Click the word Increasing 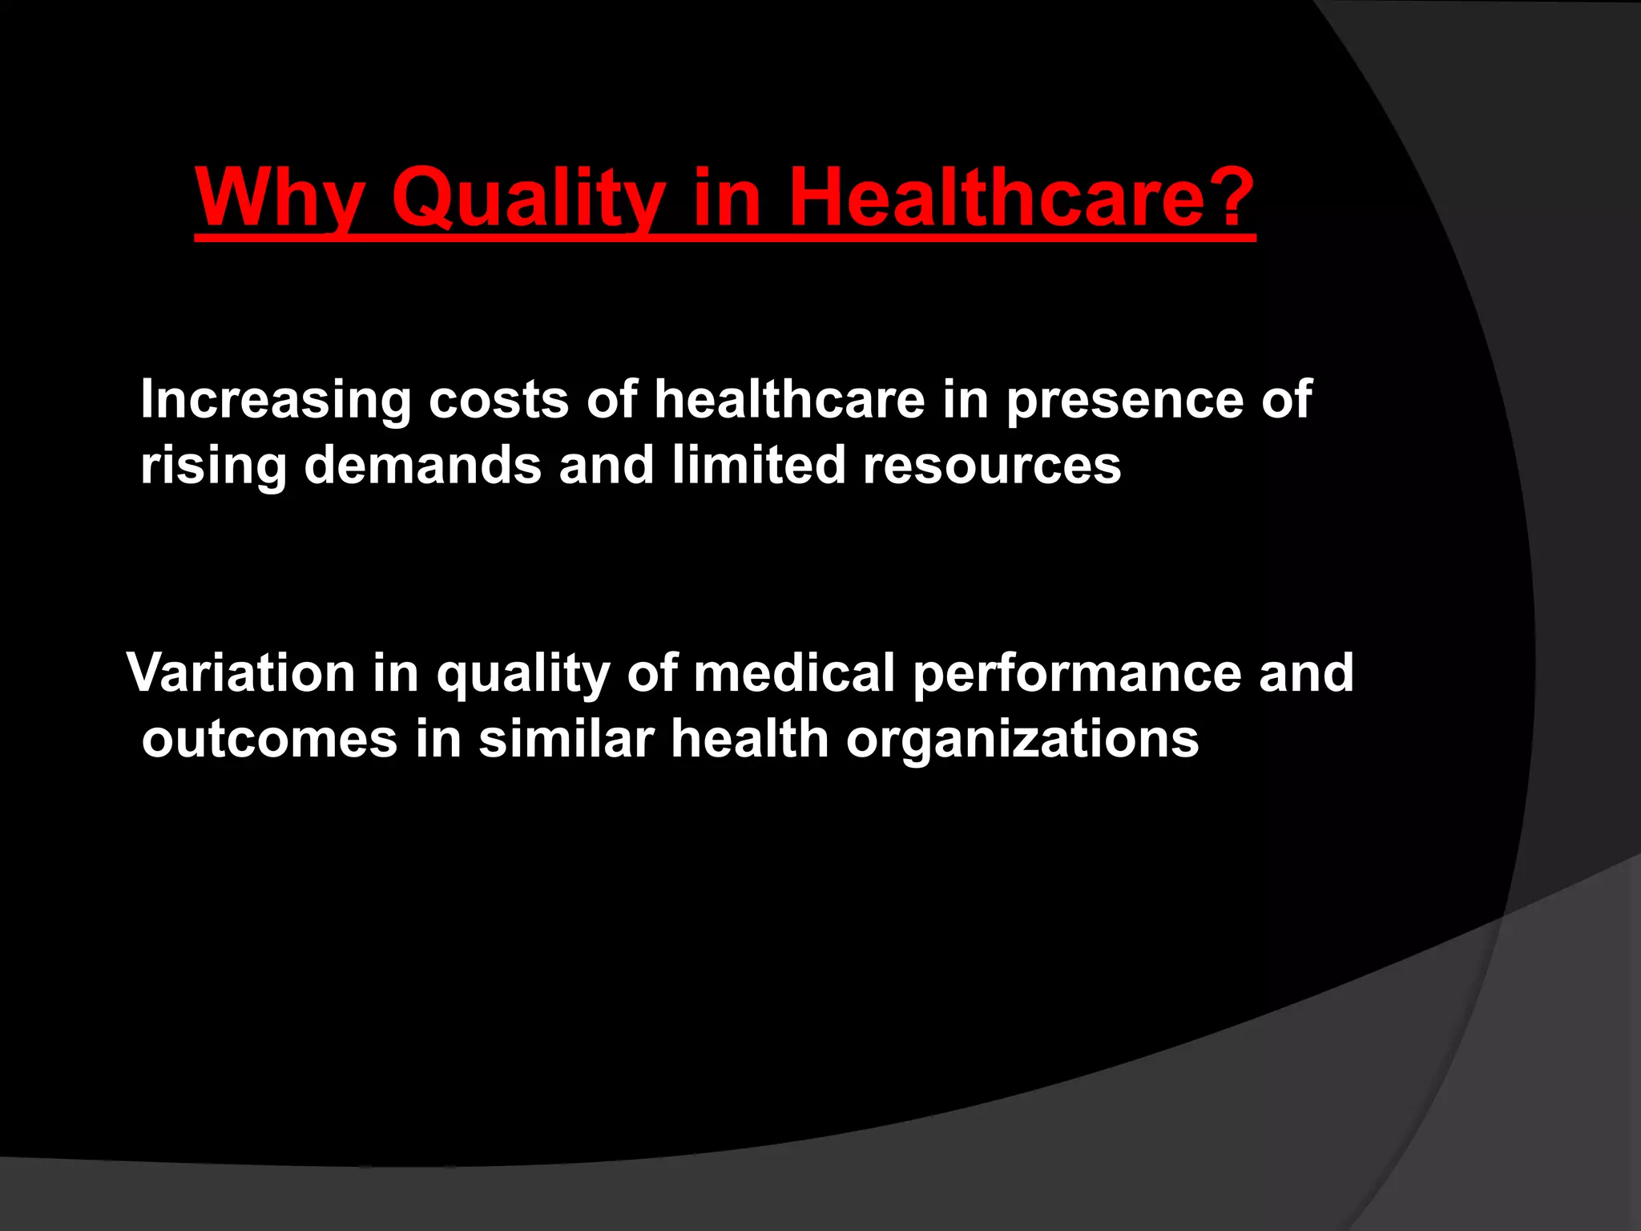(276, 400)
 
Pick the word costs (498, 400)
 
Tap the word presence (1125, 400)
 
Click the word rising (213, 466)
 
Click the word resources (992, 466)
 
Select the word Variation (240, 672)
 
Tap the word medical (794, 672)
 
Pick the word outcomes (269, 738)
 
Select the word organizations (1022, 740)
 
